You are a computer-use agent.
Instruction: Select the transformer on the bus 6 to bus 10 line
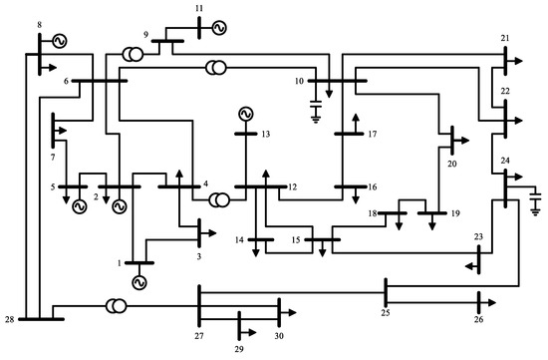tap(214, 68)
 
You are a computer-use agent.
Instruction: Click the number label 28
tap(9, 318)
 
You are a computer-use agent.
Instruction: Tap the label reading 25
tap(386, 315)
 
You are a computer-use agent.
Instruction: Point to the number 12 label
tap(292, 186)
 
